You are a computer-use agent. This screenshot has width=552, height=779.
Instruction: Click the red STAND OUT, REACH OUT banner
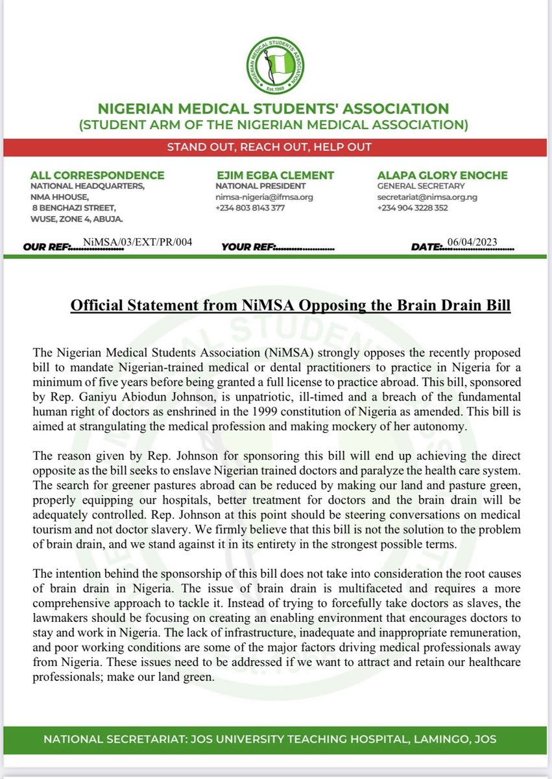point(276,147)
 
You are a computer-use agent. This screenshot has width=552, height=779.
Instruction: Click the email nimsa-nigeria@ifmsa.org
point(265,197)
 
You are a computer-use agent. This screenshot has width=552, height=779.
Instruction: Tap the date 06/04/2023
point(475,242)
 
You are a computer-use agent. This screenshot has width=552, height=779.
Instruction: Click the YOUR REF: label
point(249,247)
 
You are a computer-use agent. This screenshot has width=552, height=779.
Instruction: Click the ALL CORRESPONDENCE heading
point(97,175)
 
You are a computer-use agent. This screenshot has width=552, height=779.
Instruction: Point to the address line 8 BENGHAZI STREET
point(75,208)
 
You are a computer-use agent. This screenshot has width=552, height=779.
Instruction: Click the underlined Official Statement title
point(290,305)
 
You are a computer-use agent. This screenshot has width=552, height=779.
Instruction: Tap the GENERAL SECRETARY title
point(412,186)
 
